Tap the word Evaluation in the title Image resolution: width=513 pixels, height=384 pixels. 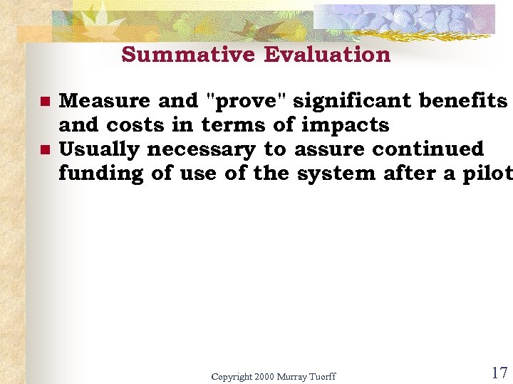(327, 55)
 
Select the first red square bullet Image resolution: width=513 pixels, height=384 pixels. (44, 102)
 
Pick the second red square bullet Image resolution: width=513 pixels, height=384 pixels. (44, 151)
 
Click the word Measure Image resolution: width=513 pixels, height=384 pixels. (105, 101)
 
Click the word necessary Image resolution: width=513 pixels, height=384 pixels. (201, 149)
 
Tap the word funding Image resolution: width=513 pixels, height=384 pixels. (101, 174)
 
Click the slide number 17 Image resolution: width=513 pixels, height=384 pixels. (498, 372)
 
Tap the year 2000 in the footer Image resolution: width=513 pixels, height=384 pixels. (264, 376)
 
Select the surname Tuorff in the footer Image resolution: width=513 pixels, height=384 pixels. (321, 376)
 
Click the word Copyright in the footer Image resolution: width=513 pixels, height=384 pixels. (231, 376)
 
